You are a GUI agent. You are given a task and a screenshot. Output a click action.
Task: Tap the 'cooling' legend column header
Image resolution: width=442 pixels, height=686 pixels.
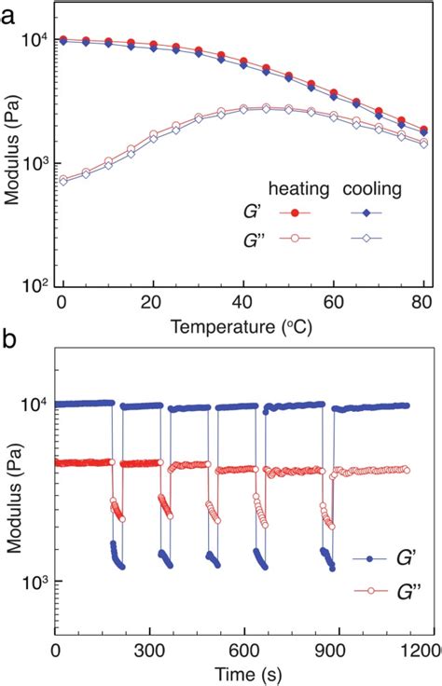tap(370, 189)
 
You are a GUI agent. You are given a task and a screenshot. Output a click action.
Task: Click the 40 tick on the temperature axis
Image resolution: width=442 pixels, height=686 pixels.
tap(242, 302)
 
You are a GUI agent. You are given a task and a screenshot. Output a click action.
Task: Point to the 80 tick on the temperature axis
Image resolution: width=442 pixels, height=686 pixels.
tap(425, 302)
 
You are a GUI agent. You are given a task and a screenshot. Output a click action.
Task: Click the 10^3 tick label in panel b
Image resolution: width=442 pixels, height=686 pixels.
tap(35, 581)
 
